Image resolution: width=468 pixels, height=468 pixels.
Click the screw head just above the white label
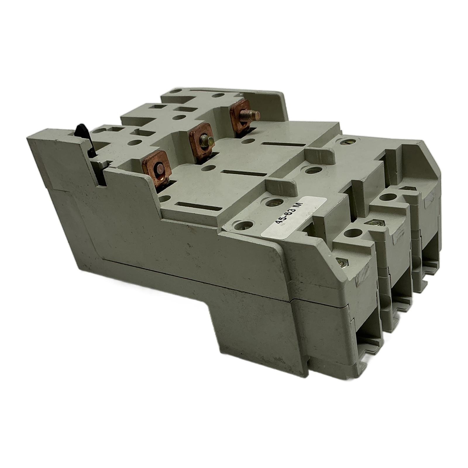pyautogui.click(x=274, y=201)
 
